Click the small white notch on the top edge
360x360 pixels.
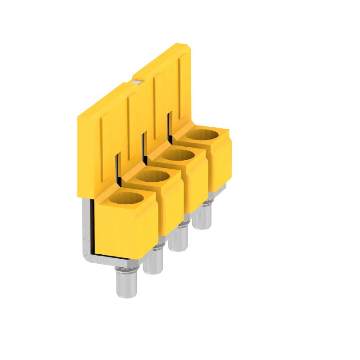(137, 81)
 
